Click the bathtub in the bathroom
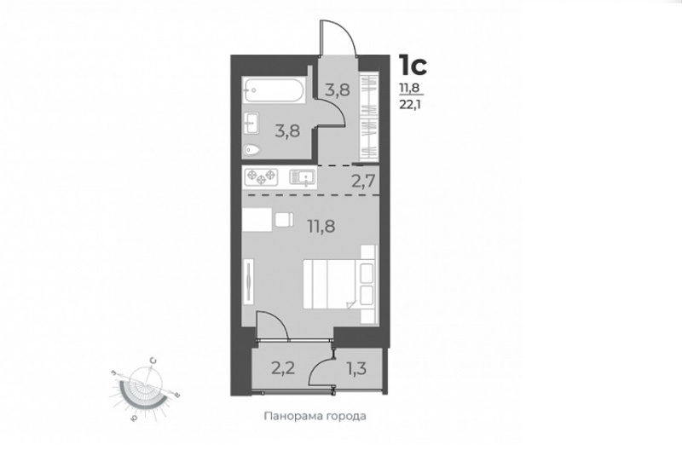coord(274,90)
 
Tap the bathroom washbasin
coord(251,123)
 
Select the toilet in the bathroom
coord(252,150)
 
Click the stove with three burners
coord(261,177)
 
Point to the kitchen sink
coord(303,177)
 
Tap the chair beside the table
coord(284,220)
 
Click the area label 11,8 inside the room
coord(322,226)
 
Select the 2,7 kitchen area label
coord(363,181)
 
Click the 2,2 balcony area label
coord(284,369)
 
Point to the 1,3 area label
coord(356,369)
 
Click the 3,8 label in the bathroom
coord(287,130)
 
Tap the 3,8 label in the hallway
coord(338,90)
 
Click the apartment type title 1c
coord(413,66)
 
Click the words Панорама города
coord(315,416)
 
